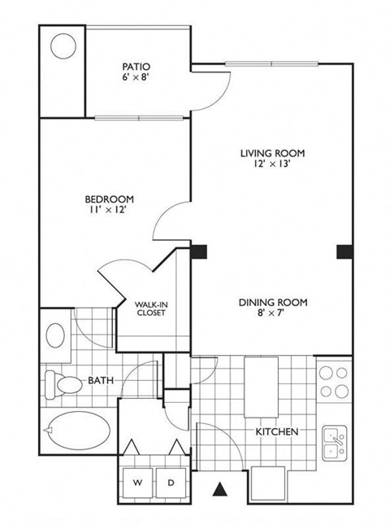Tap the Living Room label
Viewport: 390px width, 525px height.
[x=271, y=152]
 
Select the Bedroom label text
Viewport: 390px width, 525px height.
[x=110, y=198]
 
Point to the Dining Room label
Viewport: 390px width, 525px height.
[x=273, y=303]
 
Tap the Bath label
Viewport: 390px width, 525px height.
[x=99, y=380]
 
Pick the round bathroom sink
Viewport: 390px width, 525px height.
[x=56, y=335]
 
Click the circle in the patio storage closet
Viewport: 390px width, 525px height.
[x=63, y=46]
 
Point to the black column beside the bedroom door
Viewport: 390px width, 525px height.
[x=198, y=252]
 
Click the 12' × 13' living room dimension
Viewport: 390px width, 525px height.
[x=271, y=161]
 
